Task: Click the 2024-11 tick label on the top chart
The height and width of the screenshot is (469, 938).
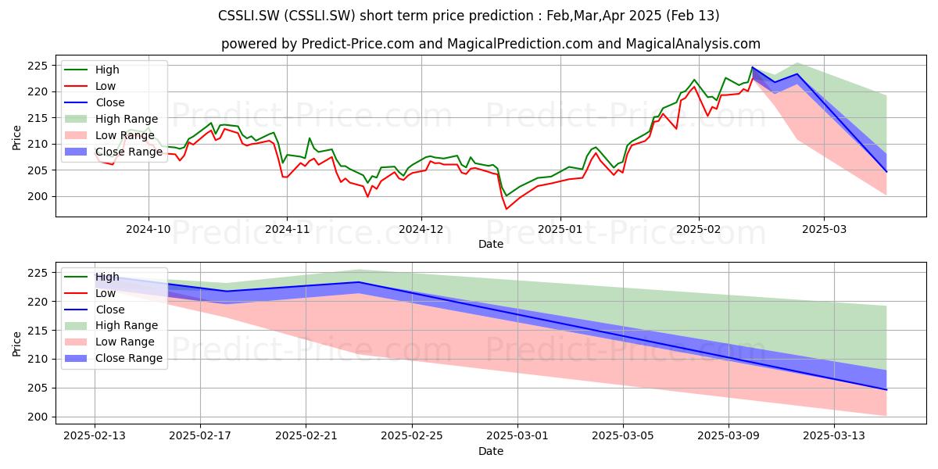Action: coord(288,229)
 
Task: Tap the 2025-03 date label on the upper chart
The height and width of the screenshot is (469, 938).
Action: coord(824,229)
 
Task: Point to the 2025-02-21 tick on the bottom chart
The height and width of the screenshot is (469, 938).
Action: coord(306,436)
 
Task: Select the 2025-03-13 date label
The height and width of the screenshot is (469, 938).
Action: coord(834,436)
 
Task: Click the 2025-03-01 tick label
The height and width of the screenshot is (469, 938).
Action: coord(517,436)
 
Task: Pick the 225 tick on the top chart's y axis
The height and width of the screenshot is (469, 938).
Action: coord(38,66)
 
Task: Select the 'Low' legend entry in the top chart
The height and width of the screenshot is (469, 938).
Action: coord(106,86)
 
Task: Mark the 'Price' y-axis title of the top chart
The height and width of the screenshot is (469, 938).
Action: coord(16,138)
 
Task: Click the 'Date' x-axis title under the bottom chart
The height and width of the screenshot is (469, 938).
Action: coord(491,452)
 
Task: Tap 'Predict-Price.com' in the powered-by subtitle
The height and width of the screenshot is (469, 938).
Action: coord(358,44)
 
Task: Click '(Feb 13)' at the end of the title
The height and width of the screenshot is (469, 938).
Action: coord(693,16)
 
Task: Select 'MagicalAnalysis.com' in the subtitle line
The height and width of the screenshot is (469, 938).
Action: coord(693,44)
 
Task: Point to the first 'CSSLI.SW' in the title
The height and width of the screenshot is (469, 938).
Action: coord(249,16)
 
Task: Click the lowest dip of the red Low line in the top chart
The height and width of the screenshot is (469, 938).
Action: coord(507,209)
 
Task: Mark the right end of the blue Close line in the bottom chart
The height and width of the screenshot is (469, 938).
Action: coord(886,390)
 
